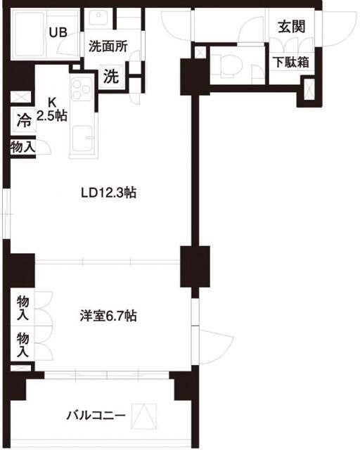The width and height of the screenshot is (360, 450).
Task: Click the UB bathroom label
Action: pos(57,32)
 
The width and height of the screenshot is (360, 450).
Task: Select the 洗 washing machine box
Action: pos(111,77)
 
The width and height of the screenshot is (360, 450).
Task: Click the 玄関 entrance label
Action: pos(290,27)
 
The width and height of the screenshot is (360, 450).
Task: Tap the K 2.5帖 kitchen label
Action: pos(53,108)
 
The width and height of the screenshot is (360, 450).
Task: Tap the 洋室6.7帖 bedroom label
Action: pos(108,316)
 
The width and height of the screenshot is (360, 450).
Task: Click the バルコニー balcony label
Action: pos(96,416)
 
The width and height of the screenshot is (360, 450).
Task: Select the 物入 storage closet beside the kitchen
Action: pos(23,146)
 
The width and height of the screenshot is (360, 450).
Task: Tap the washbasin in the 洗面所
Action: pos(99,19)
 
